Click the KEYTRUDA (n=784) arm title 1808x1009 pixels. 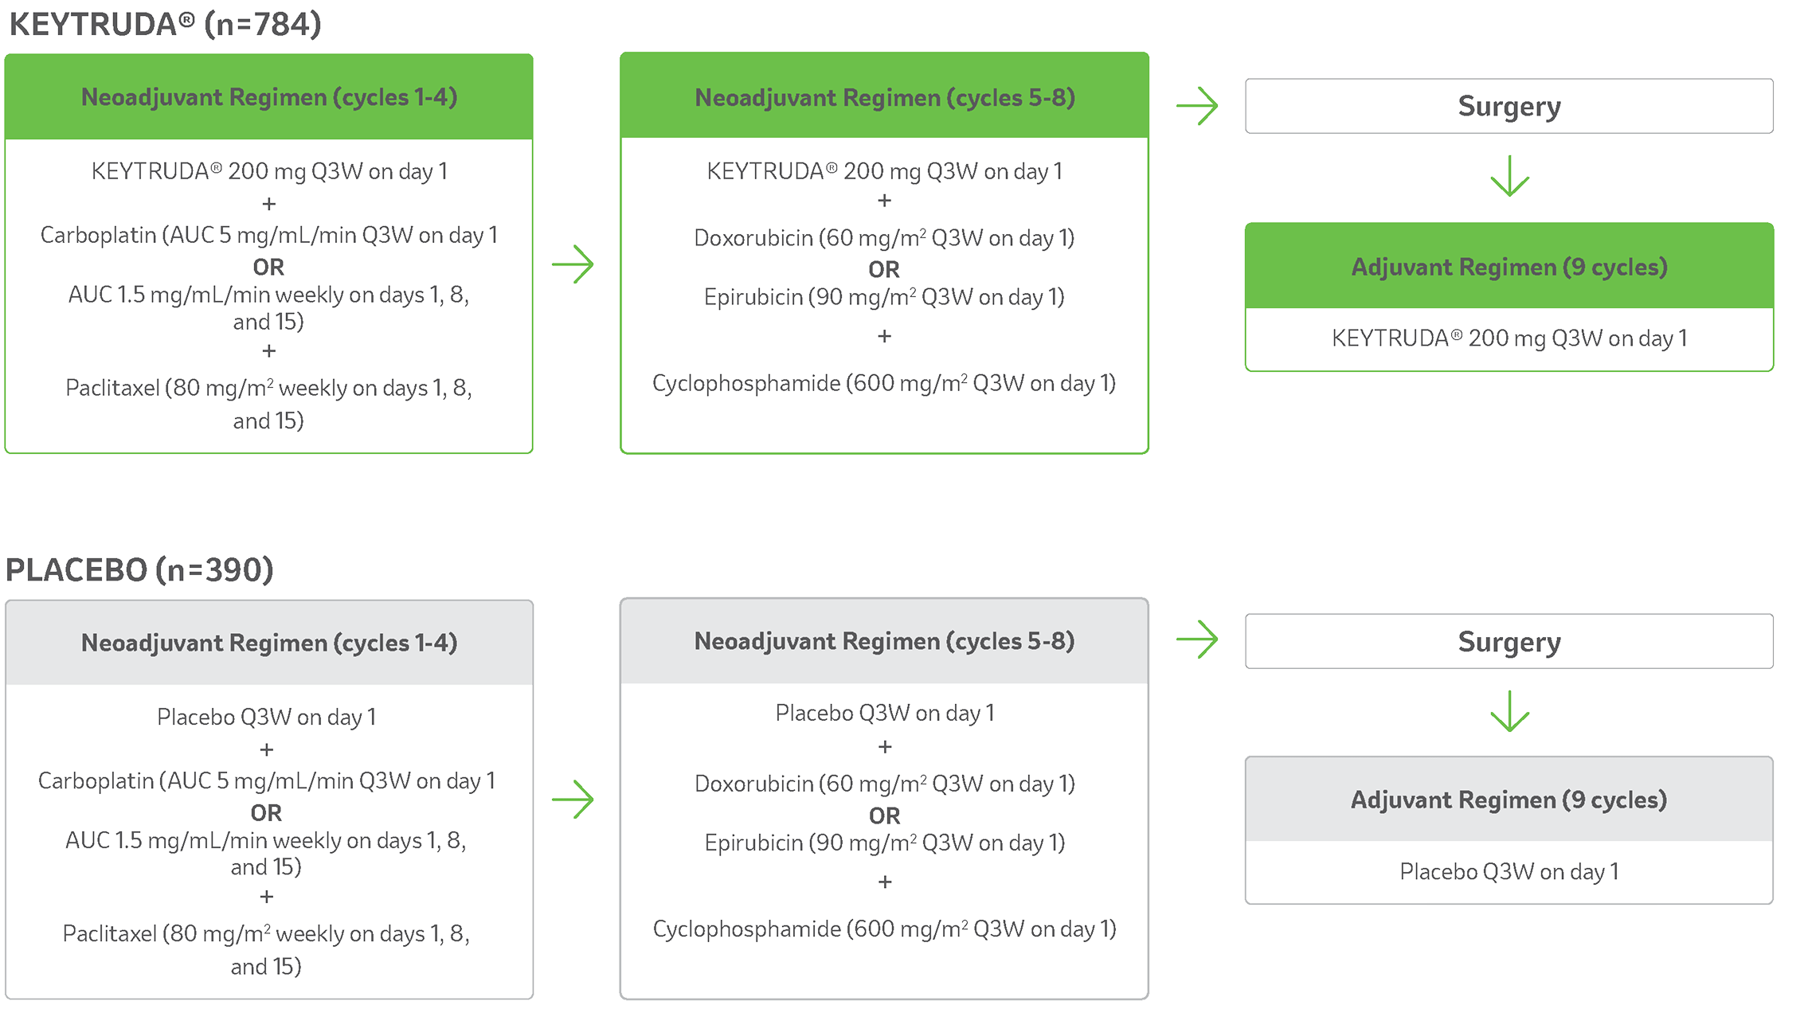tap(165, 25)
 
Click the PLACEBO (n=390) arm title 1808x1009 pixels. tap(139, 570)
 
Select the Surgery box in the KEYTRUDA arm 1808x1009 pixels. tap(1509, 106)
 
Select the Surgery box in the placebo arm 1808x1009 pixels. tap(1509, 641)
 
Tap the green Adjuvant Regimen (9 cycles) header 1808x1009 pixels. tap(1509, 267)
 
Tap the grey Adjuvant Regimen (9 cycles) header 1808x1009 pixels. tap(1509, 800)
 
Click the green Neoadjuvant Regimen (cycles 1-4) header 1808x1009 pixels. tap(269, 97)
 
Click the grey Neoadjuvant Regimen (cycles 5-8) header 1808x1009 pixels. tap(884, 641)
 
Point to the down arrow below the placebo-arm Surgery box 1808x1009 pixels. tap(1509, 712)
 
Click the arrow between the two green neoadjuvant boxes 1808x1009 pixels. tap(573, 264)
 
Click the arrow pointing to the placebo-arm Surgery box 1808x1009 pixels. tap(1197, 639)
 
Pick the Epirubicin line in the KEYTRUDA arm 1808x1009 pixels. tap(884, 298)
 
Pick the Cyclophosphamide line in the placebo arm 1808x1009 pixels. tap(884, 929)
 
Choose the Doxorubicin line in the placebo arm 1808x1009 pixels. tap(884, 784)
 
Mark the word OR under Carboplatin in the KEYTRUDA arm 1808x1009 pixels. tap(268, 267)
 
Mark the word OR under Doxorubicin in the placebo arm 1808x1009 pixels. tap(884, 815)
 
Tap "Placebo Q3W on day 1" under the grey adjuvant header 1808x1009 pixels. tap(1509, 872)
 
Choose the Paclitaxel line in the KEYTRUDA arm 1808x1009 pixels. tap(268, 389)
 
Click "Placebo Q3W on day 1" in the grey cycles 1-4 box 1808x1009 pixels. tap(267, 718)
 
